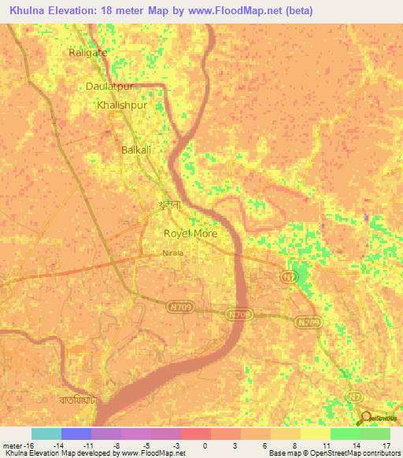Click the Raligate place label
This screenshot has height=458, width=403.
(87, 54)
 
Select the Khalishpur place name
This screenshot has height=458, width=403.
(121, 105)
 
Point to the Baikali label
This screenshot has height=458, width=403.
(135, 149)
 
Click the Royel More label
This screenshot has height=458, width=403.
(190, 234)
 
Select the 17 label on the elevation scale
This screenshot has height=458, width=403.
(386, 445)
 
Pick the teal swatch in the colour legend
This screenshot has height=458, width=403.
(46, 434)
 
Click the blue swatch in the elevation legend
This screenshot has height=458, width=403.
(76, 434)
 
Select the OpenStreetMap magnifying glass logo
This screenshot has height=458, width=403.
(364, 418)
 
